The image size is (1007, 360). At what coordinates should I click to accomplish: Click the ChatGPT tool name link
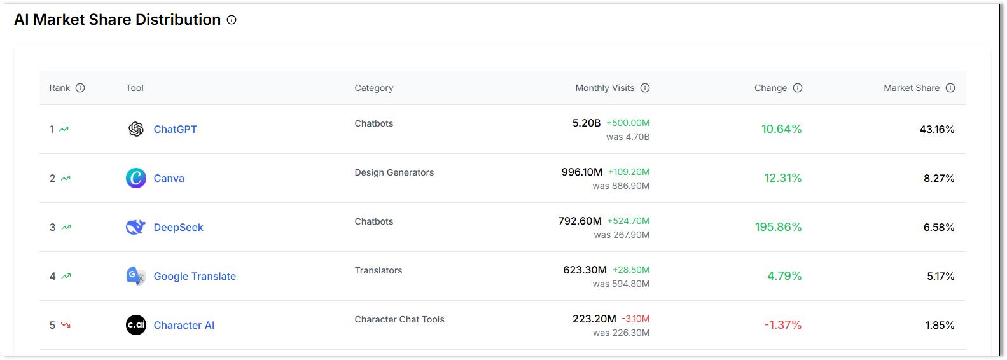coord(175,129)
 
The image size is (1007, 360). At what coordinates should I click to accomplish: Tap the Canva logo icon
coord(136,178)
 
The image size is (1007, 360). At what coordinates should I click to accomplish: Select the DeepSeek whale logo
coord(135,227)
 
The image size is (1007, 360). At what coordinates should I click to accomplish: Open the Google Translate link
coord(195,276)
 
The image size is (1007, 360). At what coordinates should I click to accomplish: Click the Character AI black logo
coord(136,325)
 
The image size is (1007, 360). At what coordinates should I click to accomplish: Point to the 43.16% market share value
coord(936,129)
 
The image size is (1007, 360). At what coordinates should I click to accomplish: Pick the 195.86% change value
coord(778,227)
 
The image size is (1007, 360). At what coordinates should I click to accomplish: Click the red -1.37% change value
coord(782,325)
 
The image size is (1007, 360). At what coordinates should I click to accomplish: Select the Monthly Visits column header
coord(604,88)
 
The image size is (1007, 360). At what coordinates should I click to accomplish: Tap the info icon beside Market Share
coord(950,88)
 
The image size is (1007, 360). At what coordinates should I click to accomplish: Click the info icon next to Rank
coord(80,88)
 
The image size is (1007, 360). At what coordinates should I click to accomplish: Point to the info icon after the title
coord(232,20)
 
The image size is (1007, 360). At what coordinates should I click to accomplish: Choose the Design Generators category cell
coord(394,172)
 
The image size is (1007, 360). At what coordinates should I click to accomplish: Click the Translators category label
coord(378,270)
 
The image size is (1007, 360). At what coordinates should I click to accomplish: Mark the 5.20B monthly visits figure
coord(586,123)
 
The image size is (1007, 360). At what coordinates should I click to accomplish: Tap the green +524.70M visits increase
coord(628,221)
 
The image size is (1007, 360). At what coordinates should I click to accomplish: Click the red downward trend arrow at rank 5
coord(66,325)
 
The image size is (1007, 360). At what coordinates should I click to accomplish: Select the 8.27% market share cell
coord(939,178)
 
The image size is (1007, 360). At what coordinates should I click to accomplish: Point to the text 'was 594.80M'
coord(621,284)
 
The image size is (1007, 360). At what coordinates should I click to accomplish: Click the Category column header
coord(373,88)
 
